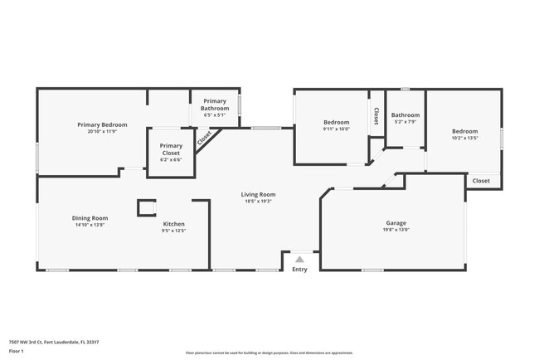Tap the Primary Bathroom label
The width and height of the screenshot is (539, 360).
(x=215, y=105)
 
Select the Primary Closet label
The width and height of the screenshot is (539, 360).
(x=171, y=149)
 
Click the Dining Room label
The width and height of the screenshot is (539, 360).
(x=90, y=218)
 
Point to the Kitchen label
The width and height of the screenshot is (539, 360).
(x=173, y=224)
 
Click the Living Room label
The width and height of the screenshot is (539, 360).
(x=259, y=194)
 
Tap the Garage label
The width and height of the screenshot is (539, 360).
(x=396, y=223)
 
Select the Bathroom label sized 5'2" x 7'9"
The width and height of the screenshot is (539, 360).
(x=405, y=115)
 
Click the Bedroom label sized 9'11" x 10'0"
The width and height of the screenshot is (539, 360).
(x=336, y=122)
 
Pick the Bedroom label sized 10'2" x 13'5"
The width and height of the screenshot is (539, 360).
(x=464, y=131)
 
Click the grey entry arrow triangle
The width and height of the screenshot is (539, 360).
(x=299, y=259)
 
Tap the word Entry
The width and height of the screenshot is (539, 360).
(x=299, y=269)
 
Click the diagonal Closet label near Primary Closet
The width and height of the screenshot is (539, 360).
(x=204, y=139)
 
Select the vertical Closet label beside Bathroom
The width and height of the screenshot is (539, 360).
(x=376, y=116)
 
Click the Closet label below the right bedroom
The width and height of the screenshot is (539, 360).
(x=481, y=181)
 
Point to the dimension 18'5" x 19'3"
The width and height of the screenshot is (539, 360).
(x=259, y=201)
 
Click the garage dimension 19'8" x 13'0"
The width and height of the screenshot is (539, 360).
(x=396, y=230)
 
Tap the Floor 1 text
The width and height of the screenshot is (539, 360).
(x=17, y=352)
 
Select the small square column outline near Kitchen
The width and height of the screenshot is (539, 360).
(x=146, y=207)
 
